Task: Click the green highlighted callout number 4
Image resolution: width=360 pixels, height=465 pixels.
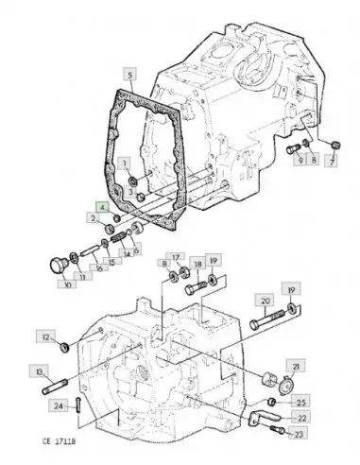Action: (102, 208)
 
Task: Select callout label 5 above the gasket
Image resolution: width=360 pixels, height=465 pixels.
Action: (129, 76)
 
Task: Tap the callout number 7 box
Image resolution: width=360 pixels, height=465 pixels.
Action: (332, 162)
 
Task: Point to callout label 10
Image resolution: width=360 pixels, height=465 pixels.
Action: (67, 284)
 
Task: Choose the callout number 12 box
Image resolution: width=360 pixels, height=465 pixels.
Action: (46, 337)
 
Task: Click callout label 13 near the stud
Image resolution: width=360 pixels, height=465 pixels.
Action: (40, 372)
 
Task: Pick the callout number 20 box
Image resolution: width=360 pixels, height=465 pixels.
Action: (265, 301)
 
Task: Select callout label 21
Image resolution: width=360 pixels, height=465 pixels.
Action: (296, 366)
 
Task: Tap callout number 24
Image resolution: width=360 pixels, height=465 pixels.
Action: (59, 405)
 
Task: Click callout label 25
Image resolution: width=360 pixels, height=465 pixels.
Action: (301, 402)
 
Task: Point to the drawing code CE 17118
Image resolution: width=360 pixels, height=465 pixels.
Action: (60, 441)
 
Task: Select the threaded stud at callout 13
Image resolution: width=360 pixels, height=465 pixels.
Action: (55, 387)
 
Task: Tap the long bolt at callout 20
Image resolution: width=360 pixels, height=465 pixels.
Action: (267, 319)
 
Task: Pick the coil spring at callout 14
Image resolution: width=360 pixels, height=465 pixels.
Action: (117, 239)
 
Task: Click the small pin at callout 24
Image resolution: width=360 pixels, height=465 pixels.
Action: (78, 405)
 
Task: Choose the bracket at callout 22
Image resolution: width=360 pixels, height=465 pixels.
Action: (264, 419)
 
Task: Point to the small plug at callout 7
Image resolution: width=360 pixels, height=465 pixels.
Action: (336, 146)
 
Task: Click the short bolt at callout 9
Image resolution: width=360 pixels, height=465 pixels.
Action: (294, 148)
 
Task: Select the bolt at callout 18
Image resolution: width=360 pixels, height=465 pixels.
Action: (196, 288)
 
